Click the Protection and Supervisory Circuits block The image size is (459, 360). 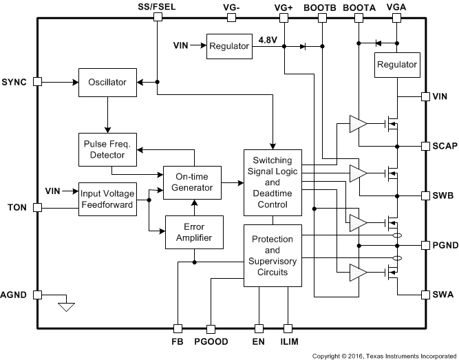pos(273,255)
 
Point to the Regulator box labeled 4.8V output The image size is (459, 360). pos(229,46)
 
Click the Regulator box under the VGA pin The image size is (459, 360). pos(396,65)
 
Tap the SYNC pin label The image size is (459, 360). pos(15,81)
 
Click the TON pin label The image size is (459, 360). pos(17,207)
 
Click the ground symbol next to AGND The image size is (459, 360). pos(66,306)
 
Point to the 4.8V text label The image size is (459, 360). pos(268,40)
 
